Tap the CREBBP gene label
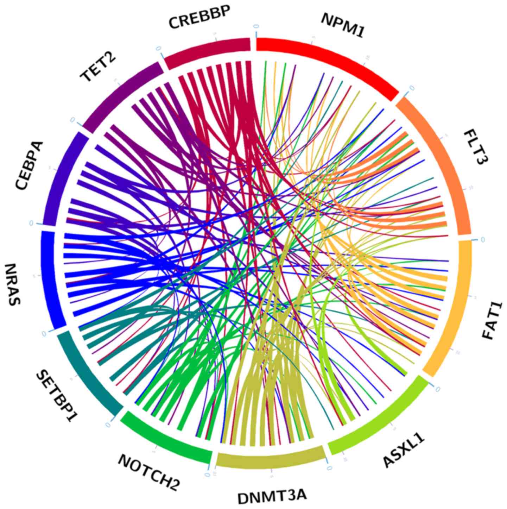[199, 18]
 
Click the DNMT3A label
[272, 497]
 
